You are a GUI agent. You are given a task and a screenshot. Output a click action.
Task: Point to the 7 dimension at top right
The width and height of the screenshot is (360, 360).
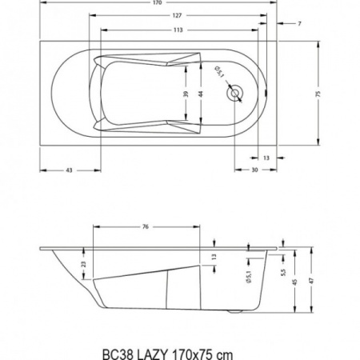pyautogui.click(x=299, y=24)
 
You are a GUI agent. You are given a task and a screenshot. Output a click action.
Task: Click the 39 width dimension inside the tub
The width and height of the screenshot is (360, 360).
pyautogui.click(x=186, y=94)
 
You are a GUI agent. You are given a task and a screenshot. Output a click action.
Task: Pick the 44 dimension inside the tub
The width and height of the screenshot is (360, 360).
pyautogui.click(x=200, y=94)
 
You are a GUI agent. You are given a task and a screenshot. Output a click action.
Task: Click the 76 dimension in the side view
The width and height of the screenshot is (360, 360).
pyautogui.click(x=145, y=227)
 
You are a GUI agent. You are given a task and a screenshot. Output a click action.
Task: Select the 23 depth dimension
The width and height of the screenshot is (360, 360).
pyautogui.click(x=84, y=264)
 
